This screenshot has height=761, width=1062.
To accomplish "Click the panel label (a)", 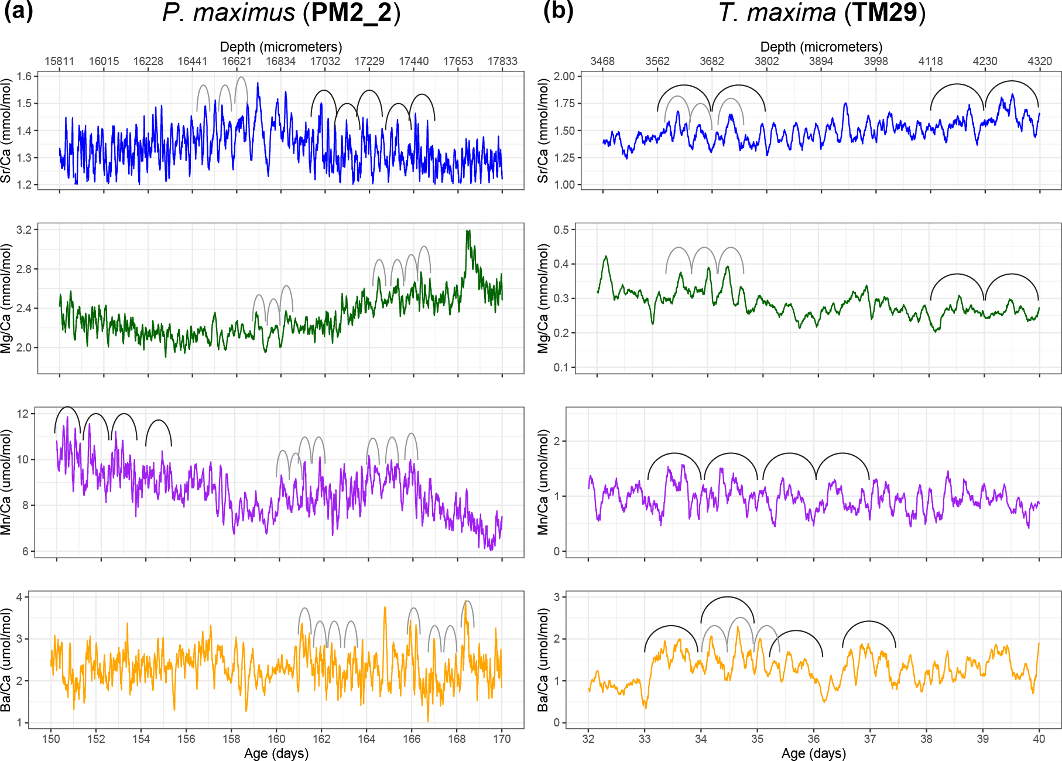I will [18, 11].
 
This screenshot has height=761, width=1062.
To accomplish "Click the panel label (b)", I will [558, 11].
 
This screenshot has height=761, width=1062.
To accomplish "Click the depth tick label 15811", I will [59, 61].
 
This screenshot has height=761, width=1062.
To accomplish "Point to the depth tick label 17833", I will [502, 61].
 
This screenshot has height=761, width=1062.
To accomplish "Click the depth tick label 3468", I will [602, 61].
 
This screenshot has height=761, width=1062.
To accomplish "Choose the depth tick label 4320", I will [1039, 61].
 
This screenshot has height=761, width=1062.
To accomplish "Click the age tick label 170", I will [502, 739].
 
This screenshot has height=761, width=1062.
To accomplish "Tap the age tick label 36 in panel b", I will [814, 739].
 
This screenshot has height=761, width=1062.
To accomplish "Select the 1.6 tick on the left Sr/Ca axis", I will [24, 76].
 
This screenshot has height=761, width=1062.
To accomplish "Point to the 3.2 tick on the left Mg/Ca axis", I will [24, 230].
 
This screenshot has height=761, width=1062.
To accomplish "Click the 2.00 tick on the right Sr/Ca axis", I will [564, 76].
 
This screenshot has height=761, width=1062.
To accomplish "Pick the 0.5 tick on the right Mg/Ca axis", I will [561, 230].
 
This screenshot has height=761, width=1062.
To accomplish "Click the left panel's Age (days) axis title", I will [276, 753].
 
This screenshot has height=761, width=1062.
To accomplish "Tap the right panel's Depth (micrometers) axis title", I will [821, 47].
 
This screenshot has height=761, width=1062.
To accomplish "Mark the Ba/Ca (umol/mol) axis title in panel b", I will [543, 660].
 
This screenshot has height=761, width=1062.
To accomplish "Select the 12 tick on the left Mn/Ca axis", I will [23, 414].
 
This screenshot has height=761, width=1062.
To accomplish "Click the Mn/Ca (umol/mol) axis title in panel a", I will [6, 482].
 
